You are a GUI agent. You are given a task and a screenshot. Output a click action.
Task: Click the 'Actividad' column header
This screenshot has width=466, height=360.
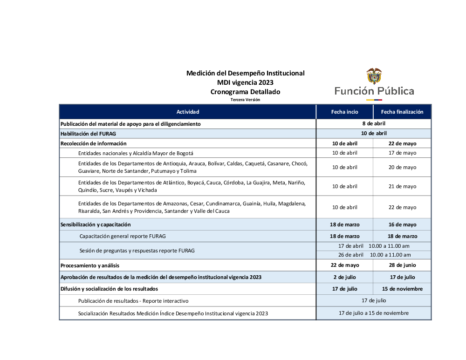(188, 112)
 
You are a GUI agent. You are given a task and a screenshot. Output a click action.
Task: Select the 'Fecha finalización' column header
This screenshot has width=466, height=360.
(402, 112)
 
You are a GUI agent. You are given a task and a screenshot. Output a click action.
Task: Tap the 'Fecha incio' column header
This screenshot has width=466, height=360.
(345, 112)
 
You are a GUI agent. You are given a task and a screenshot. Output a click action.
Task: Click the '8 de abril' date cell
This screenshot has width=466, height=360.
(374, 124)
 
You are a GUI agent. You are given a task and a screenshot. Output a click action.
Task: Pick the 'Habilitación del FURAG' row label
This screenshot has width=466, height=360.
(88, 134)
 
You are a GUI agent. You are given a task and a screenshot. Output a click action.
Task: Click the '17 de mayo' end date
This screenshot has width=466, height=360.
(402, 153)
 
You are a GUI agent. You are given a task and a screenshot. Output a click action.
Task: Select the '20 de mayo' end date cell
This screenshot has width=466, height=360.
(402, 167)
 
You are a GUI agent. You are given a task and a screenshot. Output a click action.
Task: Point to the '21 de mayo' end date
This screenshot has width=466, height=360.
(402, 186)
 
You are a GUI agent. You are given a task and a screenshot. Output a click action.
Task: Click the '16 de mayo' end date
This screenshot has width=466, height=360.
(402, 224)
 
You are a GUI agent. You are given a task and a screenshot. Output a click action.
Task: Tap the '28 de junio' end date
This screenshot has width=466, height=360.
(402, 265)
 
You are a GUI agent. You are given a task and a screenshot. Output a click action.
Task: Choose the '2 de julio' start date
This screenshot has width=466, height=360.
(345, 277)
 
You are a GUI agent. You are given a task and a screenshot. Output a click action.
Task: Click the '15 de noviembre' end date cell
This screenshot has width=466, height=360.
(402, 289)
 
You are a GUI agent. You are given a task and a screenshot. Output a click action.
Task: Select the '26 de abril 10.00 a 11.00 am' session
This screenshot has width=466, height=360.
(374, 255)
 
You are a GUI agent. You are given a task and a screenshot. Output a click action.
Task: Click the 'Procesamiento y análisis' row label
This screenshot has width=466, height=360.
(90, 265)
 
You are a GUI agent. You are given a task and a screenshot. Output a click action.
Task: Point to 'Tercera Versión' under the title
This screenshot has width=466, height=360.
(245, 100)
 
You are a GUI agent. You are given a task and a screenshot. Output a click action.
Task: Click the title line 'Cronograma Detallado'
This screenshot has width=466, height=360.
(245, 92)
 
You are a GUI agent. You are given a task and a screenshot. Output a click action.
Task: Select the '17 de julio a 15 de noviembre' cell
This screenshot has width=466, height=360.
(374, 313)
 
